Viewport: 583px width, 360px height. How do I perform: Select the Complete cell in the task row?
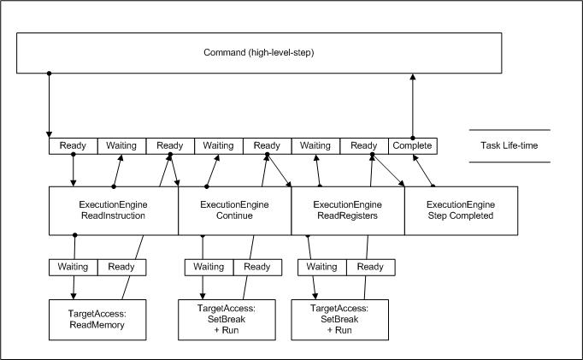point(412,146)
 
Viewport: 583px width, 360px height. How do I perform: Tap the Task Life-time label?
point(509,145)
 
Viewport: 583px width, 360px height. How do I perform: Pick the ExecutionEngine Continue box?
point(234,210)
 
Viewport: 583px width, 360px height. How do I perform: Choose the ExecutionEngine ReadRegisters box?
point(347,210)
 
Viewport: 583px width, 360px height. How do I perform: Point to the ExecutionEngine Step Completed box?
point(461,210)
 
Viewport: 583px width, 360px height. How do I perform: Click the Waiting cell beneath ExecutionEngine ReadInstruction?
point(73,267)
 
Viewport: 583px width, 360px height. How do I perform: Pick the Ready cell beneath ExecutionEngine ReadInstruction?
point(121,267)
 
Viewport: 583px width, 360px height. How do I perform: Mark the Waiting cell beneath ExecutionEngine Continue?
point(209,267)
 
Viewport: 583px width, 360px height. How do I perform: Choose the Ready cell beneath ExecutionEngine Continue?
point(257,267)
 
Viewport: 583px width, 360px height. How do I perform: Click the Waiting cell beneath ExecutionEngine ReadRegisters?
point(321,267)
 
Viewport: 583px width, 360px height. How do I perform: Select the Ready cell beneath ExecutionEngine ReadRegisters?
point(370,267)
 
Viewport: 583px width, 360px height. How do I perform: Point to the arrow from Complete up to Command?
point(413,106)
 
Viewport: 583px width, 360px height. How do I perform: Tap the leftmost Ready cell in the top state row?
point(73,146)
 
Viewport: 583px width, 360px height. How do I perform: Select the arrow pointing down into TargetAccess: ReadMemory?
point(73,286)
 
